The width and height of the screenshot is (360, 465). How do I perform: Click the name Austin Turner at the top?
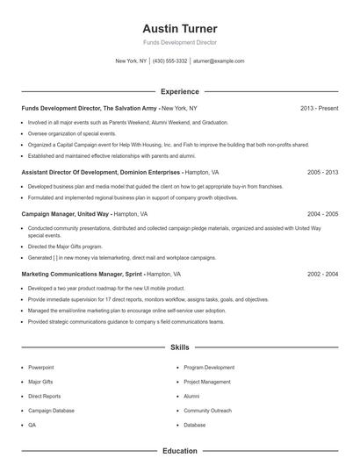click(x=179, y=28)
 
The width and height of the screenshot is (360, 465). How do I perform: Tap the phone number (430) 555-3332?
click(x=169, y=61)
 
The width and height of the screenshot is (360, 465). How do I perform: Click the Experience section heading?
click(x=179, y=91)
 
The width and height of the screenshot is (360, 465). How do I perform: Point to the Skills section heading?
click(x=179, y=347)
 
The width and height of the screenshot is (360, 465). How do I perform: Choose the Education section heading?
click(x=179, y=451)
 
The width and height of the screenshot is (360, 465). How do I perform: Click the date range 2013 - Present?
click(x=319, y=108)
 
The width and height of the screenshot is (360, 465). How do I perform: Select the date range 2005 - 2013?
click(x=322, y=174)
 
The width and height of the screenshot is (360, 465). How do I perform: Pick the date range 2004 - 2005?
click(x=322, y=213)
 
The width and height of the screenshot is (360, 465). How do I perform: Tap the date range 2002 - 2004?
click(x=322, y=274)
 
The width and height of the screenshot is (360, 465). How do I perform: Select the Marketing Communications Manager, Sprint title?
click(x=83, y=274)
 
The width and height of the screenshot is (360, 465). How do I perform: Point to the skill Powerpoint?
click(x=41, y=367)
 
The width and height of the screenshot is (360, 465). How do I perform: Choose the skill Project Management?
click(x=208, y=382)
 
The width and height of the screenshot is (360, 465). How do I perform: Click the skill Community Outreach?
click(x=208, y=411)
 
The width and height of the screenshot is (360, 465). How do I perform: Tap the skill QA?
click(x=32, y=425)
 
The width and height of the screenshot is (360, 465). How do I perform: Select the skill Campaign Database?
click(x=51, y=411)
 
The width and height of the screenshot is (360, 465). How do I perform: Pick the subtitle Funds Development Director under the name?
click(x=179, y=42)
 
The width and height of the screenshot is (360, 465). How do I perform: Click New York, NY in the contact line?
click(x=132, y=61)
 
